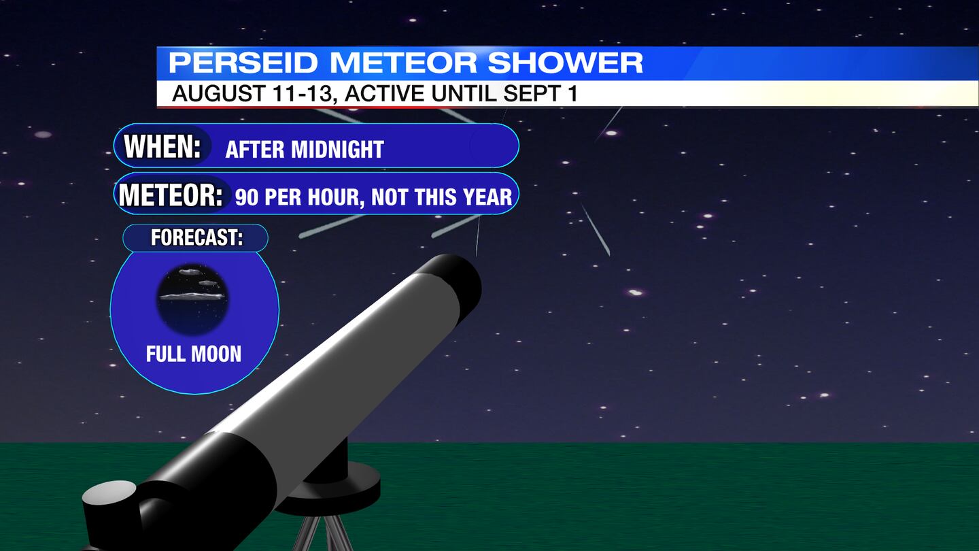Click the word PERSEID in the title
click(x=243, y=63)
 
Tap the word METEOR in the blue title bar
click(x=402, y=63)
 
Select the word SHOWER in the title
click(x=565, y=63)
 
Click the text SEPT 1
click(x=540, y=93)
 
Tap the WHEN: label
click(x=162, y=146)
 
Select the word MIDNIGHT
click(x=337, y=150)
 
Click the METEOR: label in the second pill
click(x=171, y=195)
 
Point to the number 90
click(x=247, y=197)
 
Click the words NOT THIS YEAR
click(x=441, y=197)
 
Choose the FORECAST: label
click(x=196, y=237)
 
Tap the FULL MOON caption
click(x=194, y=354)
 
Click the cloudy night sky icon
click(x=192, y=299)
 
